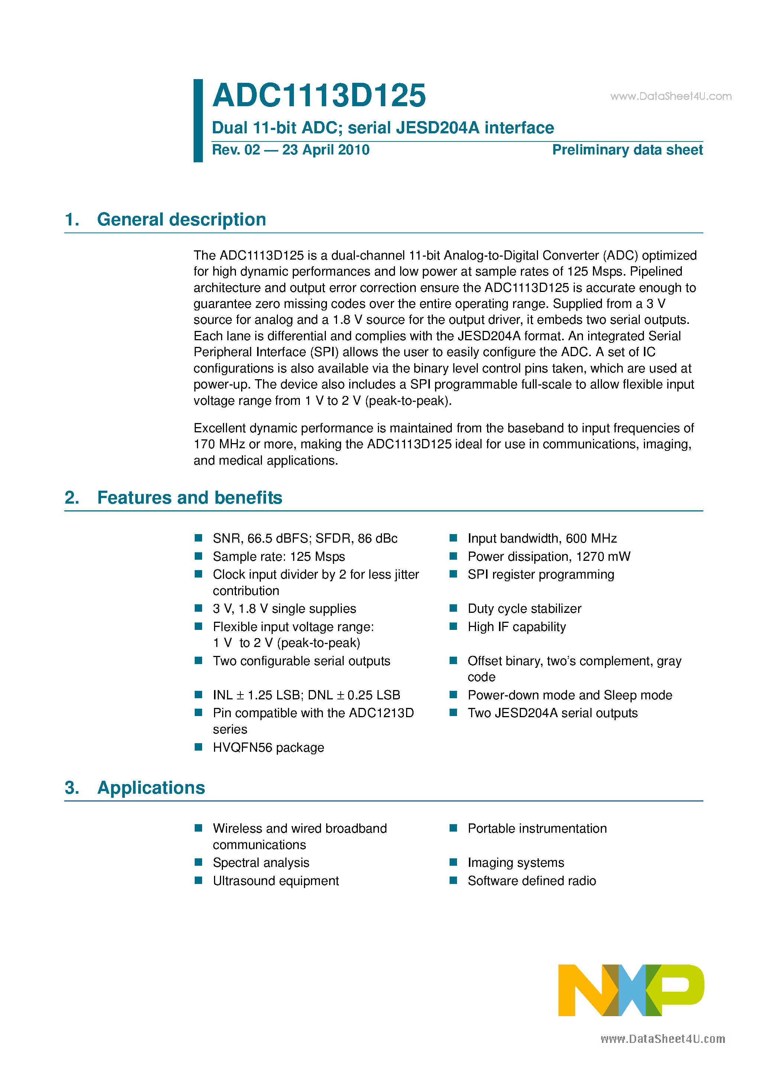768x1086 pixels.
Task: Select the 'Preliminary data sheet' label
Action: (x=627, y=150)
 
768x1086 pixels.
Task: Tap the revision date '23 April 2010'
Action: (x=325, y=150)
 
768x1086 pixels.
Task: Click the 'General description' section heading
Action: (x=181, y=220)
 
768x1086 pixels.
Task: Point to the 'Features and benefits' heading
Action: (x=189, y=498)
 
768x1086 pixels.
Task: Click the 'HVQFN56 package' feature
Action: (x=268, y=747)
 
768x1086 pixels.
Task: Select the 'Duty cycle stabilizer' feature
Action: (x=524, y=609)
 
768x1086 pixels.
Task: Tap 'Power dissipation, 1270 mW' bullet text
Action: (x=549, y=557)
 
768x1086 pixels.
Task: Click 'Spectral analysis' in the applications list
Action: (x=261, y=863)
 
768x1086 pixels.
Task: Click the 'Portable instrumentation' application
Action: (x=537, y=828)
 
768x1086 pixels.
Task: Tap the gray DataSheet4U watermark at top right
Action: (x=671, y=97)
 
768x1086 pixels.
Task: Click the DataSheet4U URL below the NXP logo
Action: (x=662, y=1039)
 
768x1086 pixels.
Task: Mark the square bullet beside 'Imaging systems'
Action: (x=453, y=862)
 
